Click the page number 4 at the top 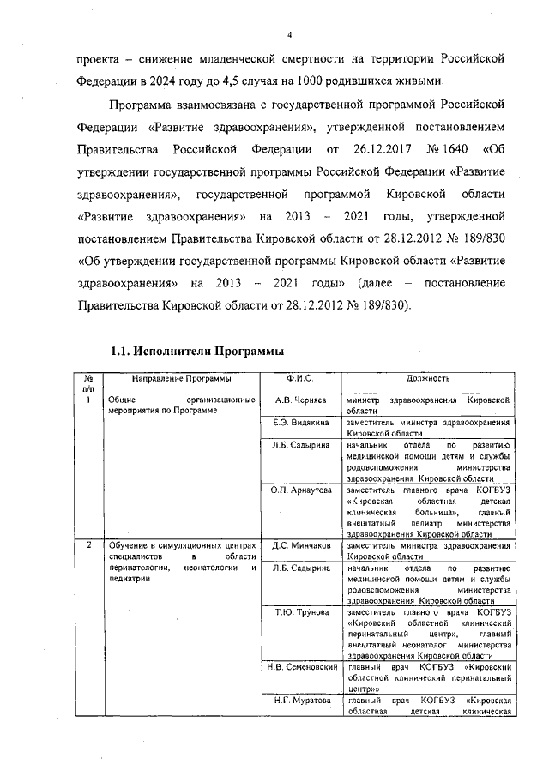[289, 34]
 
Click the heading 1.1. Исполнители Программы [197, 352]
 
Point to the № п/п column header [88, 383]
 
